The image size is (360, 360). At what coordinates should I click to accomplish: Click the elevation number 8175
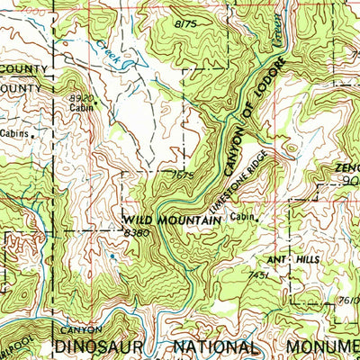(x=185, y=21)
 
